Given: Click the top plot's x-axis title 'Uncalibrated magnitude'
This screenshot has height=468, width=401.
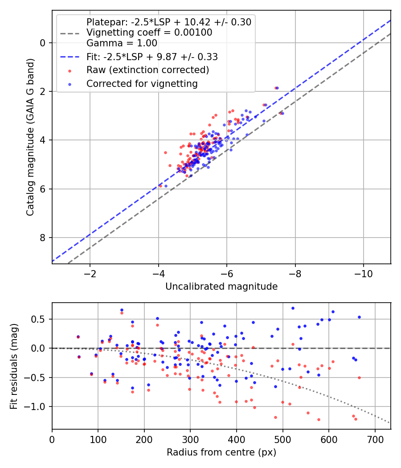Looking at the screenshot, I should tap(221, 287).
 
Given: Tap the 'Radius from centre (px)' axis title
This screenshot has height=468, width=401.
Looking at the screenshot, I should tap(221, 452).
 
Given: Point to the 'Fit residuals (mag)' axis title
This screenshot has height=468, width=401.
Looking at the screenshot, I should tap(14, 366).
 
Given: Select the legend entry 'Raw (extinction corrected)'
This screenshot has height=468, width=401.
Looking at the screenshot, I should tap(147, 70).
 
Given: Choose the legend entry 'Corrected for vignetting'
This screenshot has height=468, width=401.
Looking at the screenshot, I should tap(142, 83).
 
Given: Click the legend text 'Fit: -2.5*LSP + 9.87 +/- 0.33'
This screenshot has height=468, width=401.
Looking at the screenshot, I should tap(152, 57).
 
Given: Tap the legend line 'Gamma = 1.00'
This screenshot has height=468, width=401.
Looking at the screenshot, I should tap(122, 44).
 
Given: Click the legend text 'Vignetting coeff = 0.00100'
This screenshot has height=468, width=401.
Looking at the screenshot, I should tap(149, 33).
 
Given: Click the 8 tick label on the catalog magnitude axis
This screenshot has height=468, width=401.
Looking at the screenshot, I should tap(43, 238).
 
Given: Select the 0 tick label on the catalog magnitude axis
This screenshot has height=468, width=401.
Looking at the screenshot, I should tap(43, 43).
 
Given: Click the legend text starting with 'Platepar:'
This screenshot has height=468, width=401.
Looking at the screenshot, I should tap(169, 22).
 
